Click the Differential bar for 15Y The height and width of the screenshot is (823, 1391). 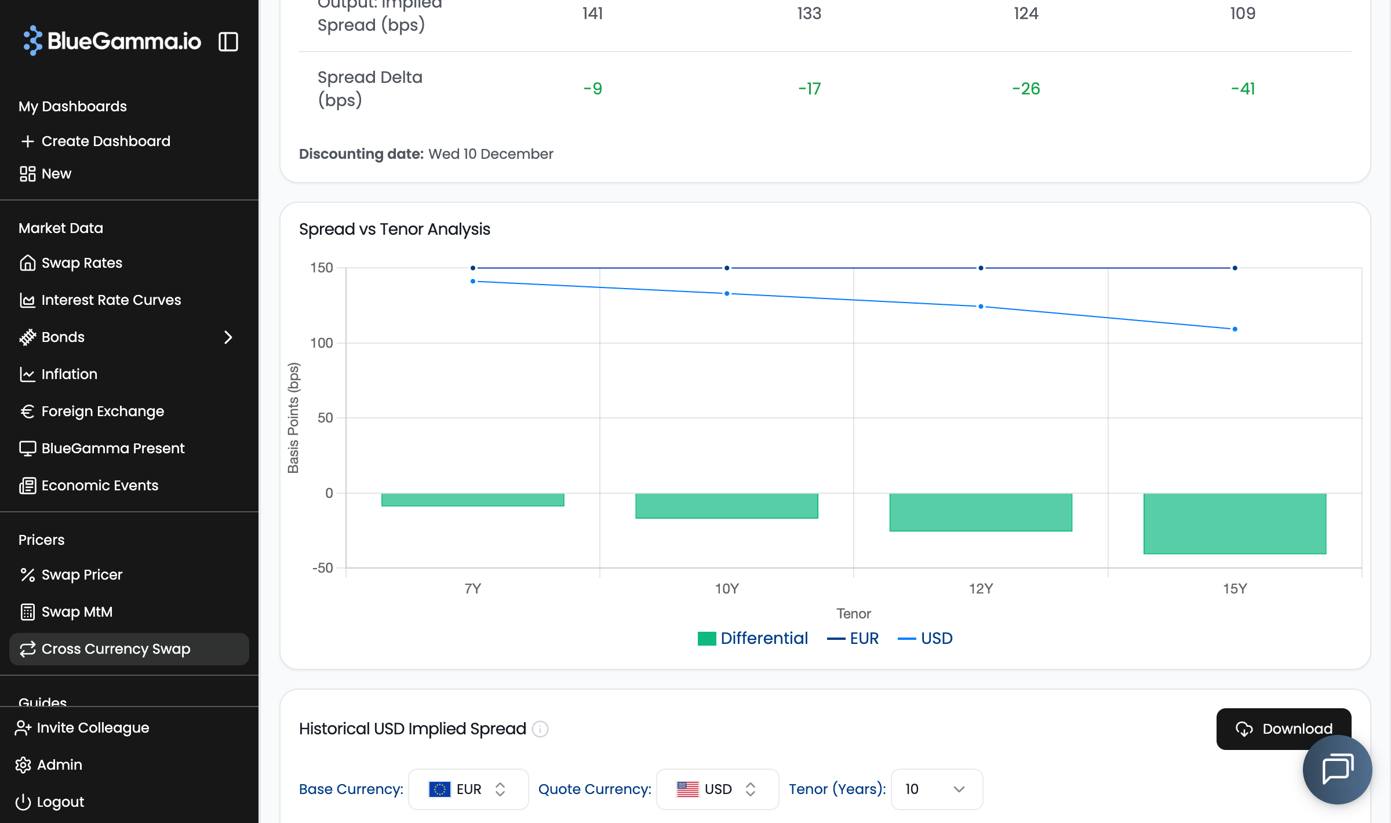coord(1235,523)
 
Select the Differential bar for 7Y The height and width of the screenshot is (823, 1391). coord(472,500)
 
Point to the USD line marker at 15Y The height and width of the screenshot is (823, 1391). coord(1235,329)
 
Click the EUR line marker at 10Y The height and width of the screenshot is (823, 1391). coord(727,268)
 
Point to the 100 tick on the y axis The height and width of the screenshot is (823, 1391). coord(322,343)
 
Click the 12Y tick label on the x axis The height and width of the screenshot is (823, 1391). coord(981,589)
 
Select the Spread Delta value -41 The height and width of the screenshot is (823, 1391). coord(1243,89)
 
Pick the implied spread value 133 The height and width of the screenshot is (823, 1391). coord(809,13)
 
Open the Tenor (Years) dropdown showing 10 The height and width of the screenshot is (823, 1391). coord(936,789)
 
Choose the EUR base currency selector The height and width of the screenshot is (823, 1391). coord(468,789)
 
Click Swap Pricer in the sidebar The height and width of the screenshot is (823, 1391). coord(82,574)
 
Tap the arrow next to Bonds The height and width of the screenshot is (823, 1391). coord(228,337)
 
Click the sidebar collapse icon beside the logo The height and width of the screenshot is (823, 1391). coord(228,42)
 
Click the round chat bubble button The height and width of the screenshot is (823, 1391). coord(1337,770)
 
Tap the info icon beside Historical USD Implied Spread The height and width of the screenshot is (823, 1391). coord(540,729)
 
